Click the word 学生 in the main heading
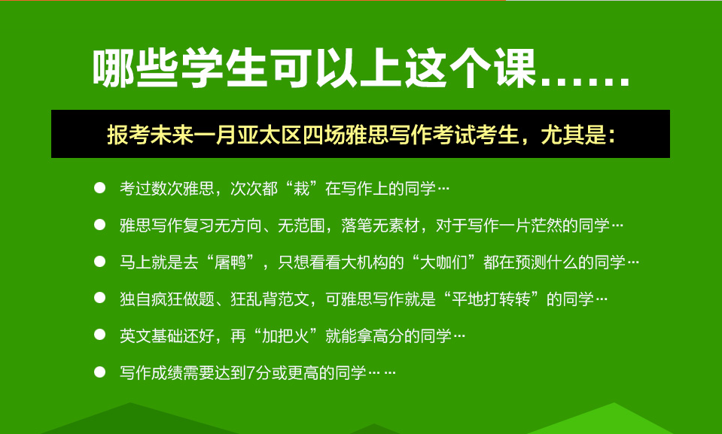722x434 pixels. click(224, 68)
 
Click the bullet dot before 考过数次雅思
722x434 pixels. click(99, 188)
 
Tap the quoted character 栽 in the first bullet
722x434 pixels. click(301, 188)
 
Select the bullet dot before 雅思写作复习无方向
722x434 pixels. click(99, 225)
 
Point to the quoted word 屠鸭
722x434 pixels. click(230, 262)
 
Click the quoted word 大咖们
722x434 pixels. click(444, 262)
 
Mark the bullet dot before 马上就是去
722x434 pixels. click(99, 262)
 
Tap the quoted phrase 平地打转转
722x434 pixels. click(491, 299)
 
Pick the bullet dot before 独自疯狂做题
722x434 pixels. click(99, 298)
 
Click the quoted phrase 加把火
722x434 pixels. click(285, 336)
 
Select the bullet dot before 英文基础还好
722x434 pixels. click(99, 335)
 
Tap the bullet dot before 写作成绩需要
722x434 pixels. click(99, 372)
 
